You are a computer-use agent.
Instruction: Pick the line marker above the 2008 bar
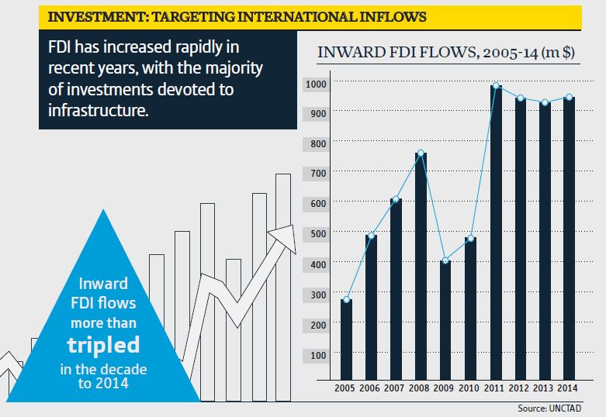(x=421, y=153)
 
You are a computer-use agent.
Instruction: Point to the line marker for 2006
(x=371, y=236)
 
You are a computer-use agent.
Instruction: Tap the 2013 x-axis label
(x=544, y=387)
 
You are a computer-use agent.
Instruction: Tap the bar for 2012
(x=521, y=240)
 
